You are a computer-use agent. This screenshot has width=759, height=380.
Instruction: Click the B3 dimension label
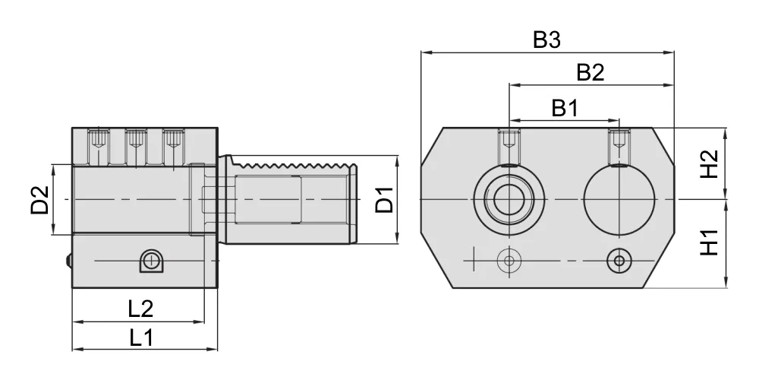point(546,40)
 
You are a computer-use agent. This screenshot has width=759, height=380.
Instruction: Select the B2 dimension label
point(591,72)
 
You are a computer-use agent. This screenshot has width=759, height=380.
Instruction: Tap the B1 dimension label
point(565,109)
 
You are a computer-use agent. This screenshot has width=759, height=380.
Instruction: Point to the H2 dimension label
point(710,164)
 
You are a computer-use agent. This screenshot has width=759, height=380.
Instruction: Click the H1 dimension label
point(710,242)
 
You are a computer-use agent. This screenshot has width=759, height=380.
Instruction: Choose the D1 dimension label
point(385,199)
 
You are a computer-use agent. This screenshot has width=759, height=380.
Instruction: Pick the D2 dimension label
point(40,200)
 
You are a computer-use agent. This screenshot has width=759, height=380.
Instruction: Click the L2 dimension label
point(141,309)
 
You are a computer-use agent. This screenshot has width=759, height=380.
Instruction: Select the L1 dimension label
point(141,338)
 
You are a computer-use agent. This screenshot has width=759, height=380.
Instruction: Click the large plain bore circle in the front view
point(619,200)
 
